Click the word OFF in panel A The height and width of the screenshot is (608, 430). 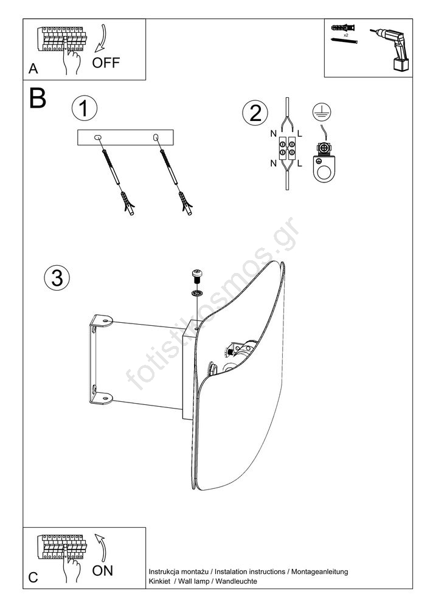click(106, 63)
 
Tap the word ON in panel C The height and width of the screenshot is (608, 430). click(102, 570)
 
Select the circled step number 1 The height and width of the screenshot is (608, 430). click(84, 108)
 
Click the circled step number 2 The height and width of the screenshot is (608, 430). click(255, 113)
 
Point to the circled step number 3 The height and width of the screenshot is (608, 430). click(57, 278)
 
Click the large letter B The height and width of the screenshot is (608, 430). click(38, 98)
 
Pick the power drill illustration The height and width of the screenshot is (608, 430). click(389, 49)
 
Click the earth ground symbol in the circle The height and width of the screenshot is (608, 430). click(322, 112)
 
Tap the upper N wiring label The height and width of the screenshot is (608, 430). click(273, 134)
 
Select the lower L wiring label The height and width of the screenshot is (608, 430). click(299, 164)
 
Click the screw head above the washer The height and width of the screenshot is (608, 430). click(198, 277)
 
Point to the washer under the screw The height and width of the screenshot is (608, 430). click(197, 292)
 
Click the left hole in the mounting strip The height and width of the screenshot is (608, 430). click(97, 137)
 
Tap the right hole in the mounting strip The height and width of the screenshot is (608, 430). click(156, 137)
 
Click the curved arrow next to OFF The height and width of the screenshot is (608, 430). click(100, 38)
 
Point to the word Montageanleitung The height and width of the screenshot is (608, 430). click(319, 572)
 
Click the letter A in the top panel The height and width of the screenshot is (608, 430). click(33, 69)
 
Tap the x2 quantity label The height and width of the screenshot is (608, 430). click(346, 35)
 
